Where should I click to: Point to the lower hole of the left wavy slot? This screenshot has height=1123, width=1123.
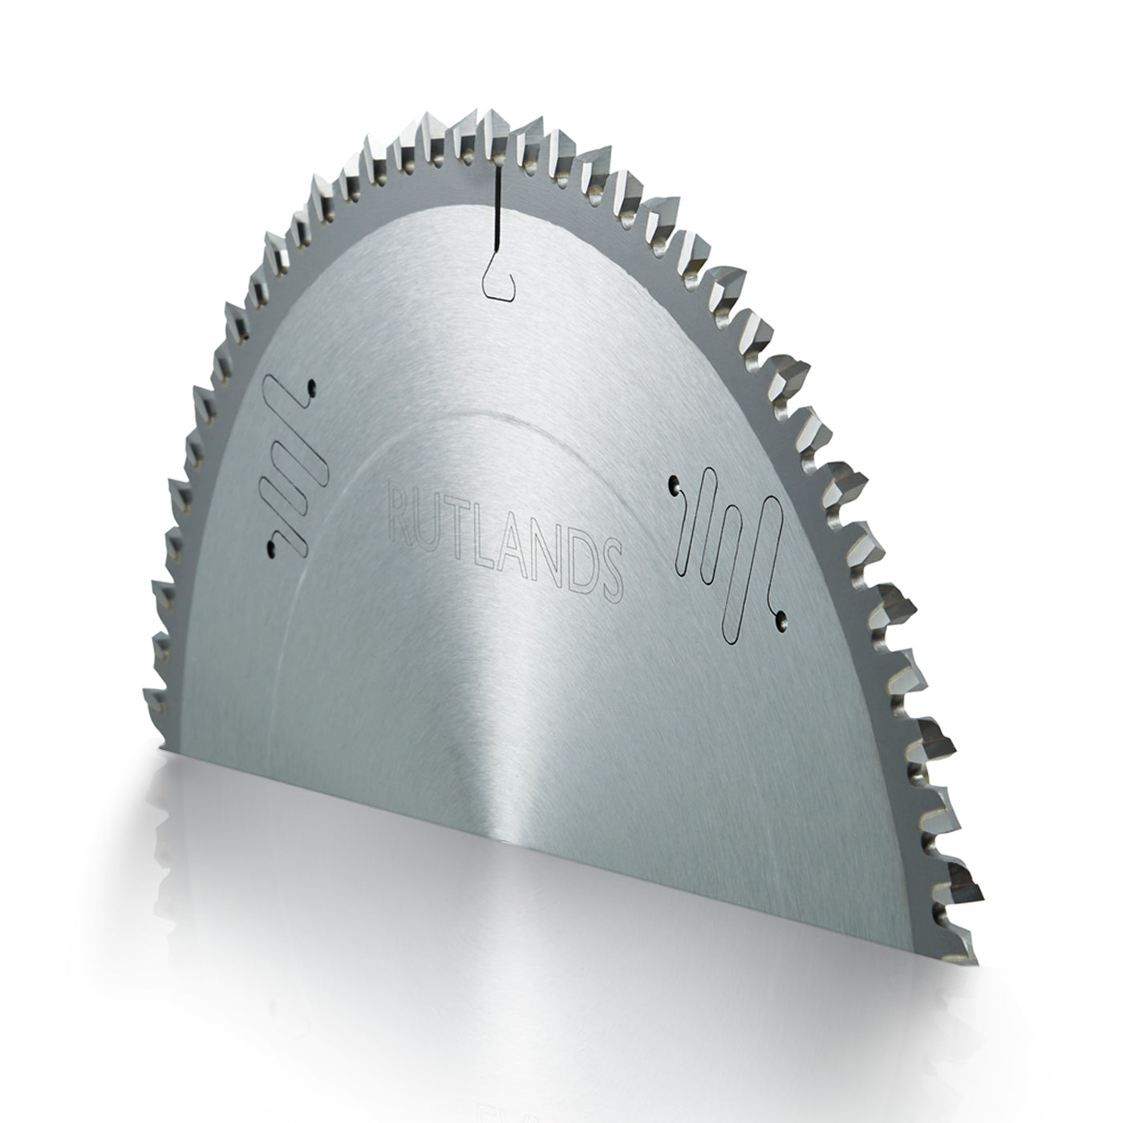pyautogui.click(x=271, y=547)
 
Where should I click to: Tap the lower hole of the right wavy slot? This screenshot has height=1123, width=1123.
pyautogui.click(x=780, y=618)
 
